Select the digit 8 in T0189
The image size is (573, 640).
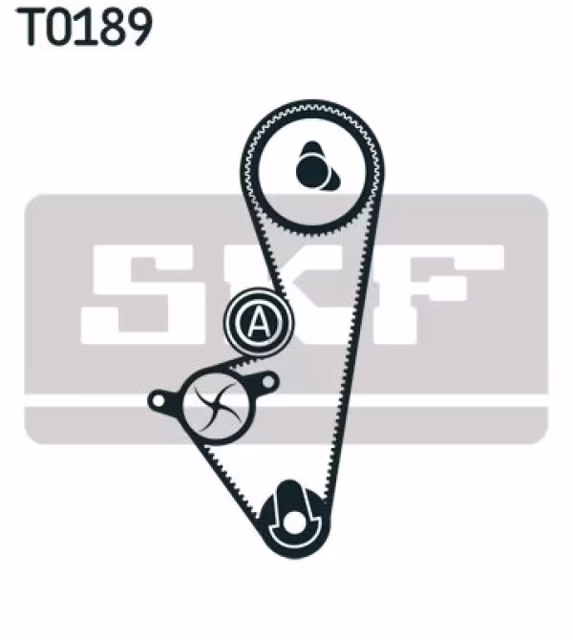[x=110, y=27]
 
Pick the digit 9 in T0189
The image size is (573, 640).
[x=138, y=27]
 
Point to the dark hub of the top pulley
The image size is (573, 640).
[x=315, y=167]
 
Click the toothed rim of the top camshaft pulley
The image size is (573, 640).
[x=250, y=171]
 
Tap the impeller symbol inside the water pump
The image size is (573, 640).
[x=216, y=406]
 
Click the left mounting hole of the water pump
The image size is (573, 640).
[x=158, y=400]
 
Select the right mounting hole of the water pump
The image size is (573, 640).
[x=268, y=382]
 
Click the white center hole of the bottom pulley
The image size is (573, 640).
[x=293, y=523]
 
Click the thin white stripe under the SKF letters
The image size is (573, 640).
[x=286, y=401]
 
